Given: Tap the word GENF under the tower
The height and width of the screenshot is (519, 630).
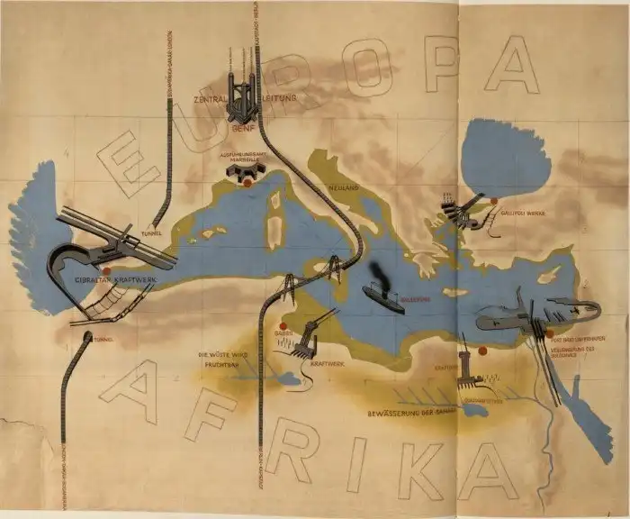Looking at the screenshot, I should coord(239,130).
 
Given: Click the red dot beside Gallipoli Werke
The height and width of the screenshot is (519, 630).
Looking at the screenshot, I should coord(493,202).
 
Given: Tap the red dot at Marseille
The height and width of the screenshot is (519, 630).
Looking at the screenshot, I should coord(246,183).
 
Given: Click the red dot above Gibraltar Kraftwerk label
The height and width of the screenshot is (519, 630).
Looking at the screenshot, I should coord(105,269).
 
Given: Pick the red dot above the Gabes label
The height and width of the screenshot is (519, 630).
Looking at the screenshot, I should coord(282,326).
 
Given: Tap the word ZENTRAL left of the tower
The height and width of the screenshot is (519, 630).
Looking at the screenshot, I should coord(210,99).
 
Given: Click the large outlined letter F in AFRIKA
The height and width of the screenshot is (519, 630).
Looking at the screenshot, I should coord(212,414).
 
